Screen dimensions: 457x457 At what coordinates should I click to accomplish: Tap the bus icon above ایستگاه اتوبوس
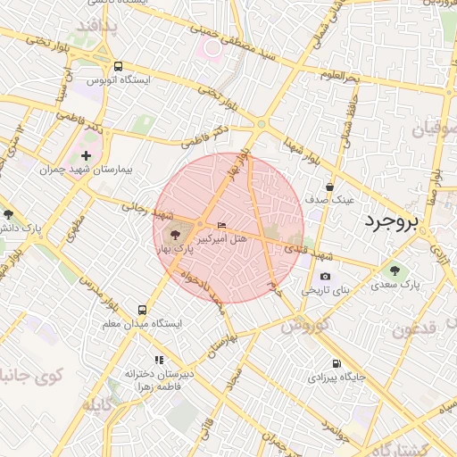119,66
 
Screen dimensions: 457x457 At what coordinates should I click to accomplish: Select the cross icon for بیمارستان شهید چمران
86,156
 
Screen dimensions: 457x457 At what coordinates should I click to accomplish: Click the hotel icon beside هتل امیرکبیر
221,225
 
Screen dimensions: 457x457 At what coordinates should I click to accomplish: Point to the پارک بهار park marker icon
172,235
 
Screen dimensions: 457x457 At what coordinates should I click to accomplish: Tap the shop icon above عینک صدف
331,187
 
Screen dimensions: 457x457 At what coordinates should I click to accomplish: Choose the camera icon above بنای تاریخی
324,277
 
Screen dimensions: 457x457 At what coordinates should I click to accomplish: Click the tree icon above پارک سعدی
395,270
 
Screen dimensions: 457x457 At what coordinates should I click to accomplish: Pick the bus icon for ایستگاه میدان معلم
141,310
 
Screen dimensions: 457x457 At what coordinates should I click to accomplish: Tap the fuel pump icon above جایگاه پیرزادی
337,362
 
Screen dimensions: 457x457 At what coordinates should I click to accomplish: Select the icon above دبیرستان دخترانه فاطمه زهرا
159,359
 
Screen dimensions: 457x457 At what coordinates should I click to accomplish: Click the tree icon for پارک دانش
8,214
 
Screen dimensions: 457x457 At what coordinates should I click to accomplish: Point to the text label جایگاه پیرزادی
337,378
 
